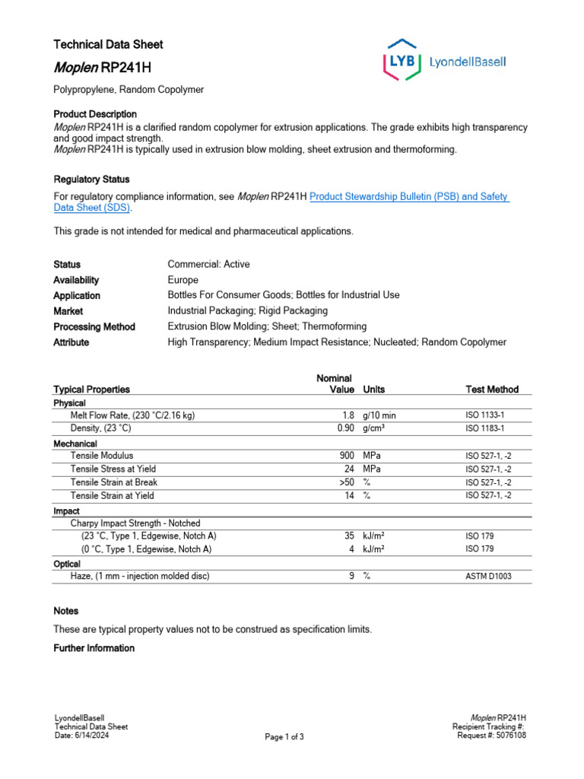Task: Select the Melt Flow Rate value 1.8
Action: coord(348,415)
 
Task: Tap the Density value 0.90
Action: coord(345,428)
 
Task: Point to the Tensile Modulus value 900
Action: coord(345,456)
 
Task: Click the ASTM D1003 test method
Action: coord(488,577)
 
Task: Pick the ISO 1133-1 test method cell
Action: coord(484,416)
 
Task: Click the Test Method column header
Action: coord(491,389)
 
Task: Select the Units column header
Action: coord(373,389)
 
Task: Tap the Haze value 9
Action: coord(351,576)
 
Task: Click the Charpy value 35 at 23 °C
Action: coord(349,536)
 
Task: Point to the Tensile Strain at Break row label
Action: coord(113,482)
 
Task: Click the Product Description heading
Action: coord(95,114)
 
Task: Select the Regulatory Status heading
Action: coord(91,180)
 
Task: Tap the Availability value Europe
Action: coord(182,280)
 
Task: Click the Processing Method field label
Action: coord(94,326)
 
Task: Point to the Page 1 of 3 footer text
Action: coord(284,736)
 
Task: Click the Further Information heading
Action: coord(94,648)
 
